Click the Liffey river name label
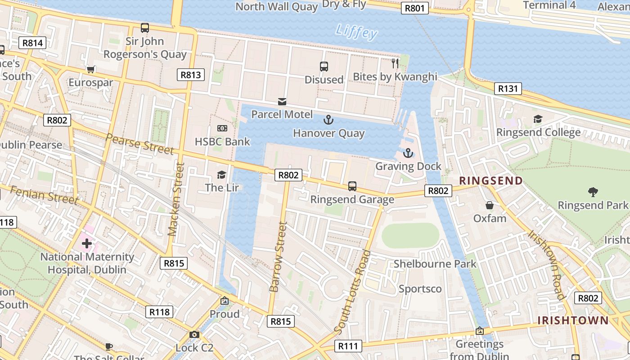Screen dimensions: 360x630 (x=356, y=31)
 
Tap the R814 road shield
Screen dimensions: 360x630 (x=32, y=43)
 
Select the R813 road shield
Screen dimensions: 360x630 (x=190, y=75)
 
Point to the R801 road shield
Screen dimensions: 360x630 (x=414, y=8)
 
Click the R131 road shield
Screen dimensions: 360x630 (x=508, y=89)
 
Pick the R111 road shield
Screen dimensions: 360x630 (x=348, y=346)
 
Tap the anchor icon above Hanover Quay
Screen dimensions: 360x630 (x=328, y=120)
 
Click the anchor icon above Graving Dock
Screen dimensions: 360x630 (x=408, y=153)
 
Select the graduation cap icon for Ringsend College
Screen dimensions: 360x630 (x=538, y=119)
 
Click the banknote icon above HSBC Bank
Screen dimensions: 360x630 (x=222, y=129)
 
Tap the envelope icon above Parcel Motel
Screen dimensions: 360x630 (x=282, y=101)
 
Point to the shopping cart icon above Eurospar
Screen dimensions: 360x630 (x=90, y=70)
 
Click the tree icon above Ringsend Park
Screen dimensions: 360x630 (x=593, y=192)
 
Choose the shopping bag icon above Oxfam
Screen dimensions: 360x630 (x=490, y=205)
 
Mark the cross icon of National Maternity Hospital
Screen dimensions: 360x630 (x=86, y=244)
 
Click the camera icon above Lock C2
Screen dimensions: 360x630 (x=194, y=334)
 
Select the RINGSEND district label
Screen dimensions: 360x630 (x=490, y=181)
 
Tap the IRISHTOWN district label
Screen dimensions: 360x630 (x=573, y=320)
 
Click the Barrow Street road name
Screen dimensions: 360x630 (x=278, y=256)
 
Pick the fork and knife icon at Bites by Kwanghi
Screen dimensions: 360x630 (x=395, y=63)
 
